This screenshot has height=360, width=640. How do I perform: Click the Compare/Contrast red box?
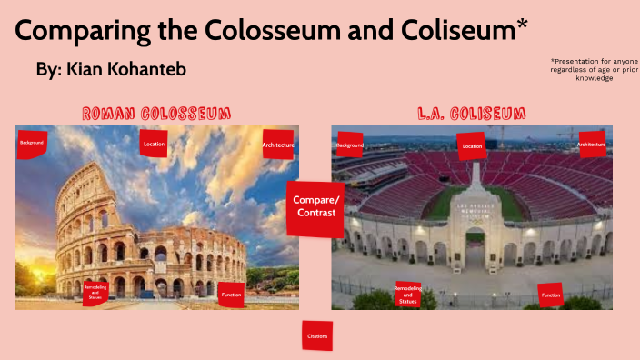coord(315,206)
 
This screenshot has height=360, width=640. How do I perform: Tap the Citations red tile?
coord(317,336)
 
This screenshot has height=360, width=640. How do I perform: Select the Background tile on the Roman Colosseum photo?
coord(33,144)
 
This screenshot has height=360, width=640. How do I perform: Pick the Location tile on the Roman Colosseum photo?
coord(154,143)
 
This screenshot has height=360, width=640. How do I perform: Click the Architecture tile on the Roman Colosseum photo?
coord(278,145)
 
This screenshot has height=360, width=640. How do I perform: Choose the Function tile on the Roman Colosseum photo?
coord(231,295)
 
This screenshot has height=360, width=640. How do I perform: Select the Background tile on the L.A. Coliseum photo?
coord(350,145)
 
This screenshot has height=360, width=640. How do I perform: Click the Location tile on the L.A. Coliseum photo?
coord(472,145)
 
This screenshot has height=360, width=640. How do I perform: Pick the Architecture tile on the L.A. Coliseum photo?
coord(592,145)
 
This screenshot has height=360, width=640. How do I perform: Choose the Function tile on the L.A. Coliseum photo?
coord(551,295)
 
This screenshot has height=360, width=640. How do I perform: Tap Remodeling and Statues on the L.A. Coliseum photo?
coord(407,294)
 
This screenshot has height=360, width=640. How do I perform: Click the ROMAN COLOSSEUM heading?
coord(155,114)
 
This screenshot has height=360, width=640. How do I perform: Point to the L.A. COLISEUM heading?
coord(472,114)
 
